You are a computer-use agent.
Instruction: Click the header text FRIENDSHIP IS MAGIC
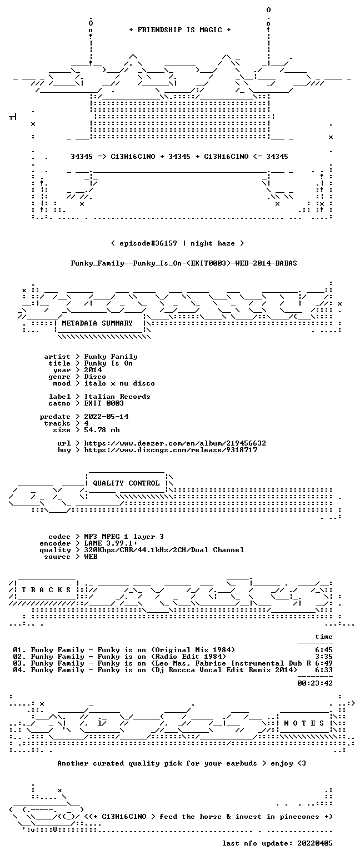pyautogui.click(x=180, y=30)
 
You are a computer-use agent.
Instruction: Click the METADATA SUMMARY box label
pyautogui.click(x=97, y=323)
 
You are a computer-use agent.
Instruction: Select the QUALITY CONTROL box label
pyautogui.click(x=126, y=483)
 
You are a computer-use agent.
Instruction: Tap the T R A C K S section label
pyautogui.click(x=47, y=590)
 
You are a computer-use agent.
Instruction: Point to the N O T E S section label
pyautogui.click(x=304, y=723)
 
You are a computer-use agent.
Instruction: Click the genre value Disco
pyautogui.click(x=95, y=377)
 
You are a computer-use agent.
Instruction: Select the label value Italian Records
pyautogui.click(x=117, y=397)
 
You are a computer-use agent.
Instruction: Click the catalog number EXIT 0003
pyautogui.click(x=104, y=403)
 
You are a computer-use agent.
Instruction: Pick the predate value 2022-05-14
pyautogui.click(x=106, y=417)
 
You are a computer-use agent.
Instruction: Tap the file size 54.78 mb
pyautogui.click(x=102, y=430)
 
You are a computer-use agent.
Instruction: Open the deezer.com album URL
pyautogui.click(x=175, y=443)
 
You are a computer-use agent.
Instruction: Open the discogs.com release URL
pyautogui.click(x=171, y=450)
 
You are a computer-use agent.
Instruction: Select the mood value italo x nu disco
pyautogui.click(x=119, y=383)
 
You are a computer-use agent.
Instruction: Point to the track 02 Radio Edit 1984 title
pyautogui.click(x=128, y=657)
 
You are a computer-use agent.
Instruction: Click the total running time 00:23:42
pyautogui.click(x=314, y=683)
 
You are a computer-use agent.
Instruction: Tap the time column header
pyautogui.click(x=323, y=637)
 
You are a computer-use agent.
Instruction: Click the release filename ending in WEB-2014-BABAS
pyautogui.click(x=184, y=263)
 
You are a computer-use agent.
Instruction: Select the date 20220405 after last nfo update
pyautogui.click(x=314, y=843)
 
